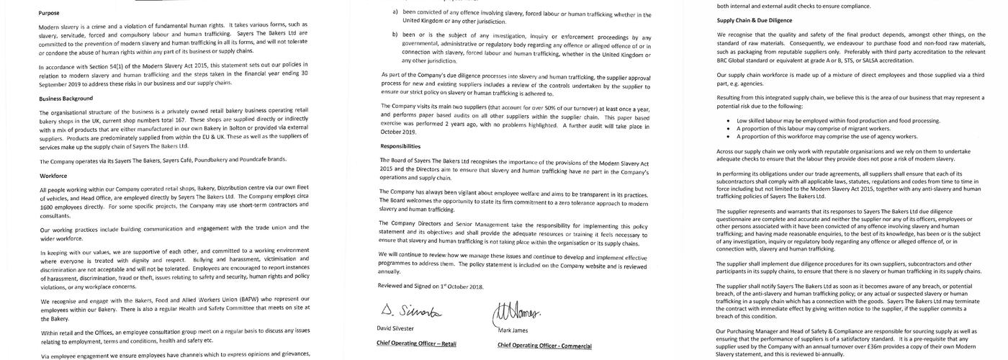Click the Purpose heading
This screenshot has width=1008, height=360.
49,13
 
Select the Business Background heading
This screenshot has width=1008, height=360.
66,98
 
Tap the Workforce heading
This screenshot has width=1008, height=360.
54,175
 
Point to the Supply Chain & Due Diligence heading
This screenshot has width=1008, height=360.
755,20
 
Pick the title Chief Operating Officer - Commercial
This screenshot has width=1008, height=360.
544,345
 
